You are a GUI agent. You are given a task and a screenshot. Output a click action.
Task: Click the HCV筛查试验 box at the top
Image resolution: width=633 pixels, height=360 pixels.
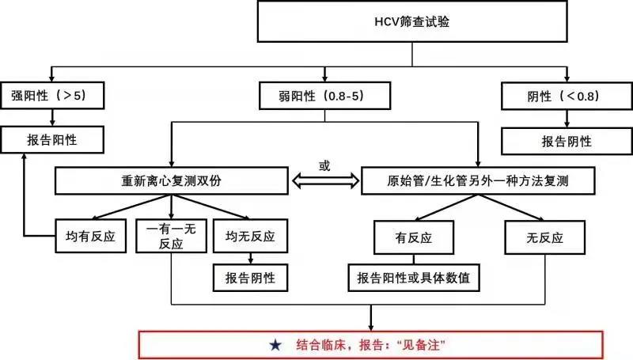[411, 22]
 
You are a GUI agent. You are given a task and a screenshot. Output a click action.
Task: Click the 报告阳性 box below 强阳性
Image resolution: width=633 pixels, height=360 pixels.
[51, 140]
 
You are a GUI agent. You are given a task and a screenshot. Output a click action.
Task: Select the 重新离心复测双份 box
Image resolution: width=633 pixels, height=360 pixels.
[171, 180]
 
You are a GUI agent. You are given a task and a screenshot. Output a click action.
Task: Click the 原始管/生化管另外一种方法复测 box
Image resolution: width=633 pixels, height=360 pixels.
[478, 180]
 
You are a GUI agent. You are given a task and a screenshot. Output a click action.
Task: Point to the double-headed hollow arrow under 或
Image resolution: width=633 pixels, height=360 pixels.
[324, 181]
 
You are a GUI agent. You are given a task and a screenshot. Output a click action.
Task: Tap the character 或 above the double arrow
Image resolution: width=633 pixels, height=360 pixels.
[324, 165]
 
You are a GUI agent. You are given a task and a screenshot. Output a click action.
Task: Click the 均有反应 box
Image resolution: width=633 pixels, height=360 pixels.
[91, 235]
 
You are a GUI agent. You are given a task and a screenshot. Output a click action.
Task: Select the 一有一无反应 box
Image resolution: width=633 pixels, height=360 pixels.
[171, 235]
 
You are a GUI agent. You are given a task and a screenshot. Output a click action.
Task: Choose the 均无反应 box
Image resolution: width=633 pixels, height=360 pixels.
[251, 235]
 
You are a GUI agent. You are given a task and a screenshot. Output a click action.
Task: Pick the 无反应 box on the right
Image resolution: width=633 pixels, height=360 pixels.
[546, 235]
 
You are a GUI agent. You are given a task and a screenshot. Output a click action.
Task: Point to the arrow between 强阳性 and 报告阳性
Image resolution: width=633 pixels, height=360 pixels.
[51, 118]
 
